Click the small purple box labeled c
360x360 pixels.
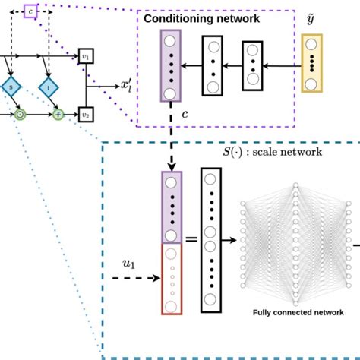[30, 11]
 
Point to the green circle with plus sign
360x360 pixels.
[58, 115]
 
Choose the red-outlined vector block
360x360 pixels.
[171, 279]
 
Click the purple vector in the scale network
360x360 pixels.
[171, 207]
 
